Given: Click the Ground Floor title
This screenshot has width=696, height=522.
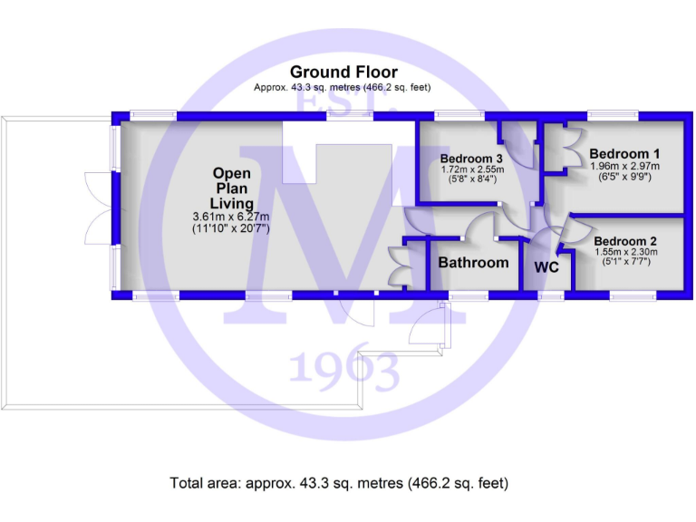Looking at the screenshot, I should tap(343, 72).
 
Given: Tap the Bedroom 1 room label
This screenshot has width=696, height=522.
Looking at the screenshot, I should tap(623, 153).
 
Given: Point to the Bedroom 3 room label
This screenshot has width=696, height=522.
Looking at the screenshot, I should tap(471, 157).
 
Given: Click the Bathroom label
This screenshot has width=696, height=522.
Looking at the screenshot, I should tap(473, 263).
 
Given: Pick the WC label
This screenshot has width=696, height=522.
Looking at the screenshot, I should tap(546, 267).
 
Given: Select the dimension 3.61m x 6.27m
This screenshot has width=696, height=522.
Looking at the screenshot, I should tap(232, 217).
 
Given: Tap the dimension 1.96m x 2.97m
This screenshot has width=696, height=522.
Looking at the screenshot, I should tap(623, 166).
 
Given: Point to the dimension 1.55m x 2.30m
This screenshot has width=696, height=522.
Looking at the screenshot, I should tap(625, 252).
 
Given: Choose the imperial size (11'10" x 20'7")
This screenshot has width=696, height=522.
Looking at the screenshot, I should tap(232, 228).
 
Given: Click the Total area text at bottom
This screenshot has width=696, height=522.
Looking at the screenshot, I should tap(340, 482).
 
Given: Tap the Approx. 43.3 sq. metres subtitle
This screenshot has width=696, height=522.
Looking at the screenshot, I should tap(343, 88).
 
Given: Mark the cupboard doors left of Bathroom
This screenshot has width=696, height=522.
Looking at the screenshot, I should tap(396, 267).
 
